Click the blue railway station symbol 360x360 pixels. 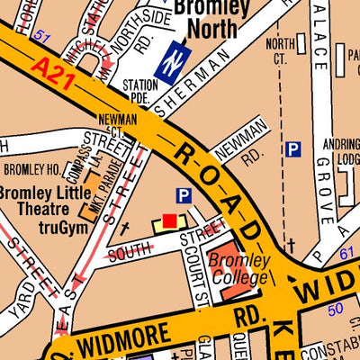pos(171,63)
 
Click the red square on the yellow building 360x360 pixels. pos(169,220)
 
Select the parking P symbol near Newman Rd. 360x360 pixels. pos(292,150)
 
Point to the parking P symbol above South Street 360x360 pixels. pos(184,195)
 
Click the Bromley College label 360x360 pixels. pos(238,269)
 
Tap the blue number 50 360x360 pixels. pos(336,309)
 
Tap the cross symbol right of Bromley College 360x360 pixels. pos(290,244)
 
